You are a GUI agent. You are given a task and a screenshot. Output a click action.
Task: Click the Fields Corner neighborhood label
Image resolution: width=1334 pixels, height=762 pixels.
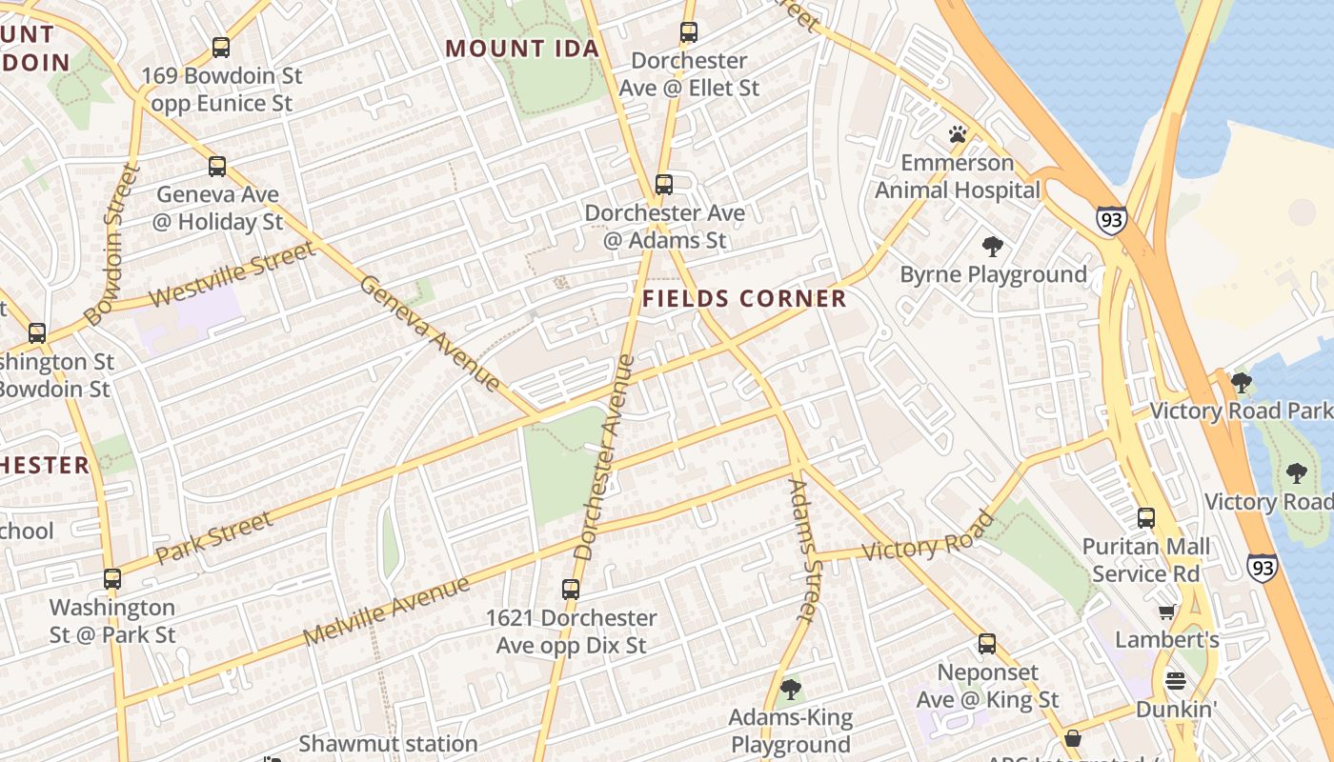coord(744,299)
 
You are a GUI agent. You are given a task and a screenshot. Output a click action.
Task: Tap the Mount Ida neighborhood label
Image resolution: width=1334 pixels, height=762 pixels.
coord(522,49)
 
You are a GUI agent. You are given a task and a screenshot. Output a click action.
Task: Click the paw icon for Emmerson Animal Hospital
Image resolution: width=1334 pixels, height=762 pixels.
coord(958,134)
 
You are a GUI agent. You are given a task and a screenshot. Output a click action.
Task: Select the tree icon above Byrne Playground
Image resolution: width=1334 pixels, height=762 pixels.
coord(993,248)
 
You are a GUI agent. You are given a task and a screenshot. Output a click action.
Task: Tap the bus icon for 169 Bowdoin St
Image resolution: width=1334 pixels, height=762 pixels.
coord(221,47)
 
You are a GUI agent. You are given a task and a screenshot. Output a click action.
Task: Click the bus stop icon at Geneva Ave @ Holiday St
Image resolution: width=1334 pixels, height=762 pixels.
coord(217,167)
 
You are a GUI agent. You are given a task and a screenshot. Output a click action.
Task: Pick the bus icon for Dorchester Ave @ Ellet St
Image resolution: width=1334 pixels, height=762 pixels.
coord(689,32)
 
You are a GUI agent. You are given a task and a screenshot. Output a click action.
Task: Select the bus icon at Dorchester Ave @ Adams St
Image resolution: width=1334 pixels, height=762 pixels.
coord(664,184)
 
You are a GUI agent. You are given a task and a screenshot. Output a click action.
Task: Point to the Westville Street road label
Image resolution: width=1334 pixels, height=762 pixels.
coord(232,275)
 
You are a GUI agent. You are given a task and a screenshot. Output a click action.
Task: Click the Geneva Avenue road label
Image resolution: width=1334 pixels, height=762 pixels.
coord(430,333)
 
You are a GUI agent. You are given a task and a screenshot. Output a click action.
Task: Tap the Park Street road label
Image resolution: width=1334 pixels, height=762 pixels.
coord(213,538)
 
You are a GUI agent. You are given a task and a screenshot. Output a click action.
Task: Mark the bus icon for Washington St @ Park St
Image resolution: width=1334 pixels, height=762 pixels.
coord(112,578)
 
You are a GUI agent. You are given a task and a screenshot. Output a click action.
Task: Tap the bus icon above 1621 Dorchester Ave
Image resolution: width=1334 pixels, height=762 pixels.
coord(571,590)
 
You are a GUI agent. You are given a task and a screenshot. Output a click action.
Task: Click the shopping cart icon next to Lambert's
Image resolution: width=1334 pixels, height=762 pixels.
coord(1166,612)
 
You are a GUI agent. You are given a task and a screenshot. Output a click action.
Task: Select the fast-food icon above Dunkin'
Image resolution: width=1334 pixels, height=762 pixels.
coord(1176,681)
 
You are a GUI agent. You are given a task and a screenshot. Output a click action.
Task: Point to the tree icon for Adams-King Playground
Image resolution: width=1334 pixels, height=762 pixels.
coord(790,689)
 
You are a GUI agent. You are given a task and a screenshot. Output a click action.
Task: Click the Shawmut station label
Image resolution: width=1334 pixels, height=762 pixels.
coord(388,744)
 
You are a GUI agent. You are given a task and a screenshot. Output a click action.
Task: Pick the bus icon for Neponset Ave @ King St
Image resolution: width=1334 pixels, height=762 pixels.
coord(987,644)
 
